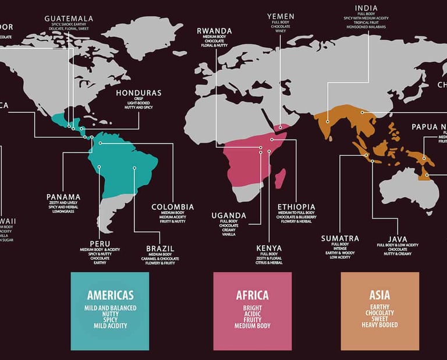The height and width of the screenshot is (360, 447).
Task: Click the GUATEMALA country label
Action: click(x=68, y=19)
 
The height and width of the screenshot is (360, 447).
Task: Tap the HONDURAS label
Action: click(x=139, y=93)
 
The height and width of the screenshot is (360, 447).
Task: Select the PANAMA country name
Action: click(x=63, y=197)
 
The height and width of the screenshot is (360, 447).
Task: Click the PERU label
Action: click(x=100, y=243)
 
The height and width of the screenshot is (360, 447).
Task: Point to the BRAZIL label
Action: click(x=160, y=248)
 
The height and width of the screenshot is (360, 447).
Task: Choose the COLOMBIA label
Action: click(x=172, y=206)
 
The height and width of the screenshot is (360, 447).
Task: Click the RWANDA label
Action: click(x=215, y=30)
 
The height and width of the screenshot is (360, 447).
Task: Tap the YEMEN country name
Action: click(x=281, y=16)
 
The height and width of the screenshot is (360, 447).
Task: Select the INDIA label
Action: click(x=366, y=8)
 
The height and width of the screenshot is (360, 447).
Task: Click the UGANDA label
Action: click(x=229, y=216)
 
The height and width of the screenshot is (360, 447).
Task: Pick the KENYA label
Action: click(x=269, y=248)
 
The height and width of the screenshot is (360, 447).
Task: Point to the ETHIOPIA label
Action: click(x=296, y=206)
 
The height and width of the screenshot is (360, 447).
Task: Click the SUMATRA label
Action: click(x=340, y=238)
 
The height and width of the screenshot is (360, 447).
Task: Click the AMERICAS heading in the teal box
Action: click(x=110, y=295)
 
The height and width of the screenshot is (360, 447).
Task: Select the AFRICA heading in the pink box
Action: click(x=252, y=295)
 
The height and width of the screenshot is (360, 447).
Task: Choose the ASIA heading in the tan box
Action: click(x=379, y=295)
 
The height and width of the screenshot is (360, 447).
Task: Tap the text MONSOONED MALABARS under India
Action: click(x=366, y=27)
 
